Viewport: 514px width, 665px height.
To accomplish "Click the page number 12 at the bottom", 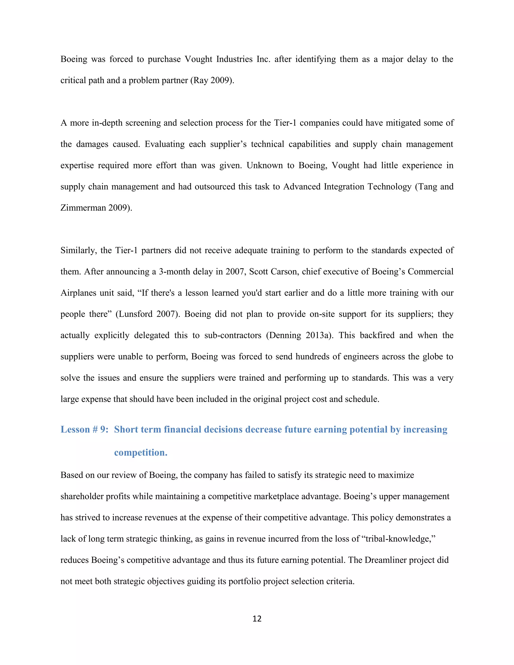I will point(257,618).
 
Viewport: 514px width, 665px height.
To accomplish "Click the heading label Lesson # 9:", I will point(84,429).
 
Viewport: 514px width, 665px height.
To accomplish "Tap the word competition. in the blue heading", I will point(141,452).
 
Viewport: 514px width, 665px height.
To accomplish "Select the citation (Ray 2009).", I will point(212,80).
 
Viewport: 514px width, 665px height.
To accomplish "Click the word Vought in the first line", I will point(198,59).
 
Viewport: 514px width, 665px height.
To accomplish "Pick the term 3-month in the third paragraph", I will point(172,272).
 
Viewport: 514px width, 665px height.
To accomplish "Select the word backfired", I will point(377,336).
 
